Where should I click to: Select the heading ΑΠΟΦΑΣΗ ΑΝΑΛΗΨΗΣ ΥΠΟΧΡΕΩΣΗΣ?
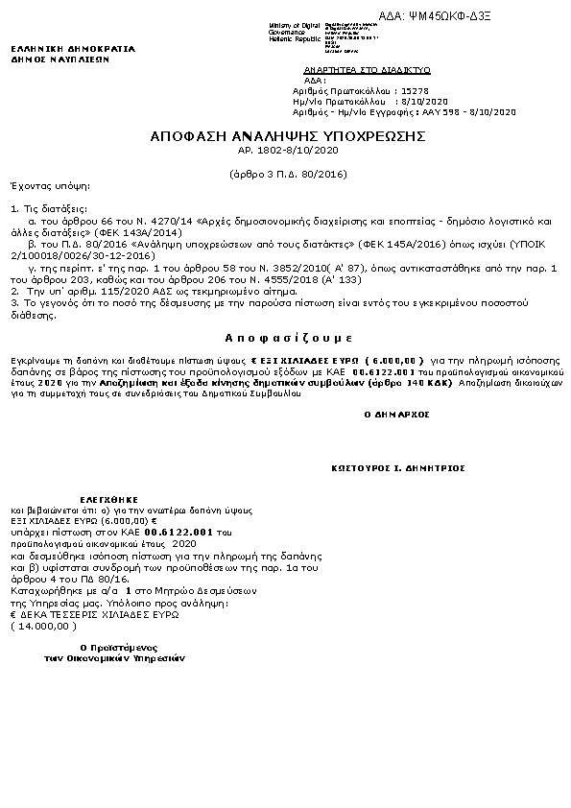tap(288, 137)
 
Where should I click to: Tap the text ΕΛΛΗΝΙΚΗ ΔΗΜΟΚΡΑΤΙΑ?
tap(73, 48)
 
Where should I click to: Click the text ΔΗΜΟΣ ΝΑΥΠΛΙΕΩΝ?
tap(60, 59)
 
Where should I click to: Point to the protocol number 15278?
tap(414, 88)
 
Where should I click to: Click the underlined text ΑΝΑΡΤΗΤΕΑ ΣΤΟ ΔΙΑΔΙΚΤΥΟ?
tap(367, 71)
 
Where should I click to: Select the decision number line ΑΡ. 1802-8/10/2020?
tap(288, 151)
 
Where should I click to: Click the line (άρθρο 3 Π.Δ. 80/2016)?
tap(288, 174)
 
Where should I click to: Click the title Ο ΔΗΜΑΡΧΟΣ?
tap(396, 414)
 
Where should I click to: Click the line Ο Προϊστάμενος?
tap(119, 648)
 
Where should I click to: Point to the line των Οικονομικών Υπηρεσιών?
tap(114, 659)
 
